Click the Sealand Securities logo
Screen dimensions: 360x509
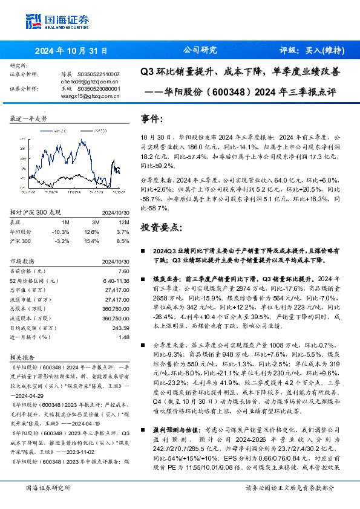click(57, 21)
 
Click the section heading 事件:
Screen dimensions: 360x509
click(151, 118)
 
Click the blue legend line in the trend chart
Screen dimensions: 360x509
click(48, 130)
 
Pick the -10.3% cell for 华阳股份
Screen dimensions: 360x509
click(61, 232)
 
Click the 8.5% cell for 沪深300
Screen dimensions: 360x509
click(122, 241)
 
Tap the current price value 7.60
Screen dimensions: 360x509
click(123, 271)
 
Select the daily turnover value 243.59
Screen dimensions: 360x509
click(121, 328)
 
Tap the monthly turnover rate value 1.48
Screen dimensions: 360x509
click(125, 338)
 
